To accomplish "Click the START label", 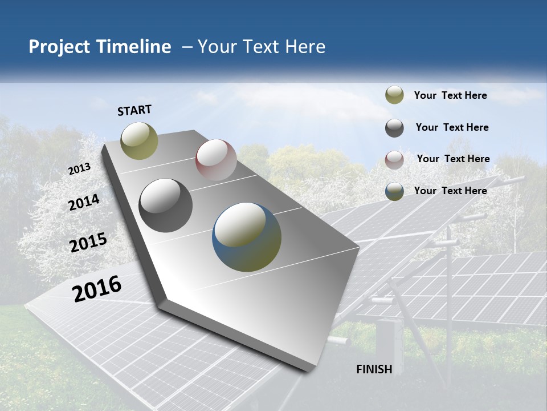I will click(134, 110).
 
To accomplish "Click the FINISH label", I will click(374, 369).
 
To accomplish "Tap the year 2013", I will click(79, 169).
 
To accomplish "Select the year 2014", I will click(84, 203).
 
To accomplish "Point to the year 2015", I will click(88, 243).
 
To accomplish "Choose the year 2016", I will click(97, 288).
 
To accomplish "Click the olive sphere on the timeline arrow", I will click(139, 140).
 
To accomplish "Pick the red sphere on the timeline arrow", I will click(216, 160).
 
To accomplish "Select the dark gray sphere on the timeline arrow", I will click(166, 205).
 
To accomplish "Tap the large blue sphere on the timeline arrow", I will click(247, 237).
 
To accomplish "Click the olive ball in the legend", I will click(394, 95).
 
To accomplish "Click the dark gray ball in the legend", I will click(394, 128).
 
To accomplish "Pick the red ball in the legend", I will click(394, 160).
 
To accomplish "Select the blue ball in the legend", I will click(394, 191).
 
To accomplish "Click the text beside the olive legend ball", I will click(450, 95).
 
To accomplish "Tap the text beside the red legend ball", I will click(453, 159).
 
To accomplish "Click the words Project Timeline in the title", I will click(100, 47).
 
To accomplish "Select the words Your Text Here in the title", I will click(262, 47).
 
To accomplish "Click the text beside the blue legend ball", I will click(450, 191).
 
